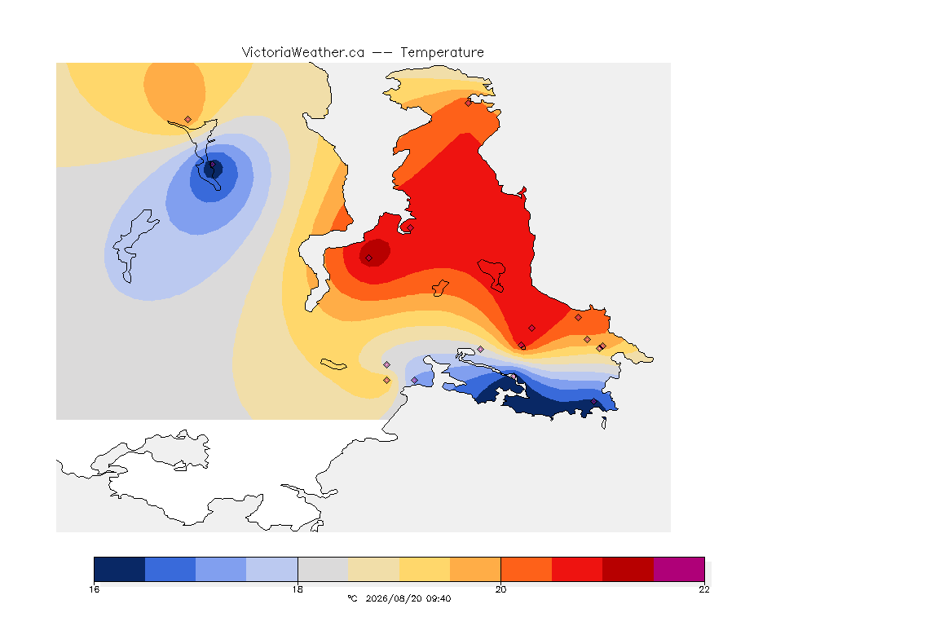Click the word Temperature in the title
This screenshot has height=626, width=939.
442,53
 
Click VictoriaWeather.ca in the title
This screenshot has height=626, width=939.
303,53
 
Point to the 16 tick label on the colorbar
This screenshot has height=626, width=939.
94,589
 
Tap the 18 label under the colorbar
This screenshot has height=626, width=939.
298,589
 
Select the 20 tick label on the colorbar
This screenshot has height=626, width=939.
500,589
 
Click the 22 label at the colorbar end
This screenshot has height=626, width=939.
704,589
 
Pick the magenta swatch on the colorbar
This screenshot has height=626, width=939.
678,569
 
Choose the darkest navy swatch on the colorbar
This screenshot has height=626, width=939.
120,569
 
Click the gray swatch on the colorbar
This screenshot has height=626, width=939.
323,569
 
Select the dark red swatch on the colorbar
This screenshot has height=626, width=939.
628,569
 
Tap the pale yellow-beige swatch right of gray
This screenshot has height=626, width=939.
373,569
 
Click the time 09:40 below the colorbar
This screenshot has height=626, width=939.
439,598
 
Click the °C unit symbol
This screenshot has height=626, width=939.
352,598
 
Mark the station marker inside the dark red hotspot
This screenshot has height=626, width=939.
369,258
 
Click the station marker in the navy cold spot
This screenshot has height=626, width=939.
212,164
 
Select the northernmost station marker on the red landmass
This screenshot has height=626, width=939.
469,103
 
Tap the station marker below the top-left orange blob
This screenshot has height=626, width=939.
188,120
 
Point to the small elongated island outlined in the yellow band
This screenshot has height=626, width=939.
333,364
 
